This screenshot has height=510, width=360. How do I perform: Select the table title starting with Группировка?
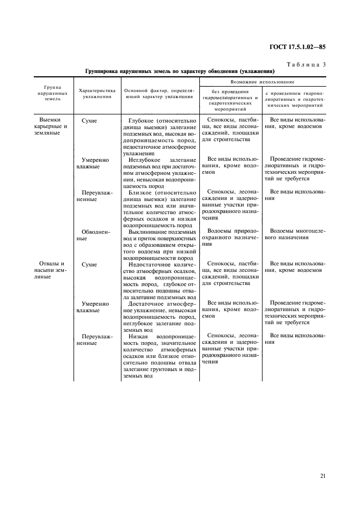[x=180, y=71]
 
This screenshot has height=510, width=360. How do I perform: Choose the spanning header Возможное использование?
[x=263, y=81]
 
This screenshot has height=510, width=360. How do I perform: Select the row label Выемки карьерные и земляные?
[x=54, y=126]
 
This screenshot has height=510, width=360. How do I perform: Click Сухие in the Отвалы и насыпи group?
[x=89, y=264]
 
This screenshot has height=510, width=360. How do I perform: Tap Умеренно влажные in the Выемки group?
[x=95, y=163]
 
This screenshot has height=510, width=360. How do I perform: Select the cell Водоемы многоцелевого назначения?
[x=294, y=235]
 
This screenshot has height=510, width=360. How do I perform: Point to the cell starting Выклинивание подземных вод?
[x=159, y=245]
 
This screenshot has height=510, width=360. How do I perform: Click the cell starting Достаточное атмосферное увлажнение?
[x=159, y=317]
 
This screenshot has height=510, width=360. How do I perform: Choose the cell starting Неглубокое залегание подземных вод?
[x=159, y=172]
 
